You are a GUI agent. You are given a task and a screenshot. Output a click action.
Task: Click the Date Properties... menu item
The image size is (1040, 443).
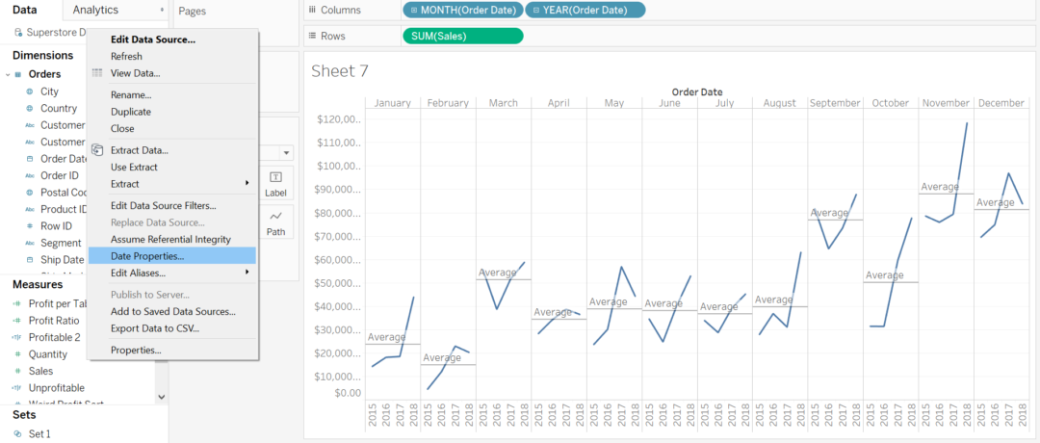(x=147, y=255)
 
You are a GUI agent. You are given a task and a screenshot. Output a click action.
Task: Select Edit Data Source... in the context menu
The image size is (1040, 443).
(x=153, y=39)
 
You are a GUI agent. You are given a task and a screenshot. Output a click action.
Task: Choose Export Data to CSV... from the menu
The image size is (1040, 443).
(x=155, y=328)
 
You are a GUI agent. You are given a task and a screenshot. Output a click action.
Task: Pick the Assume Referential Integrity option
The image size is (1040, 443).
(x=170, y=239)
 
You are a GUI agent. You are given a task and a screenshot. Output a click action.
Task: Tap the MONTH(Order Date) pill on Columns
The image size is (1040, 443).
(x=463, y=10)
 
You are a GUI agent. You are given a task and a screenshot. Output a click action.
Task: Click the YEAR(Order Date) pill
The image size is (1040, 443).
(x=585, y=10)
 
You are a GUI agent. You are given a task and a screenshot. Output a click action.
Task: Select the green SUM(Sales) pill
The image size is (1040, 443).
(x=462, y=36)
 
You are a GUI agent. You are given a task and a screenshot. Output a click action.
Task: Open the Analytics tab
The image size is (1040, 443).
(x=96, y=10)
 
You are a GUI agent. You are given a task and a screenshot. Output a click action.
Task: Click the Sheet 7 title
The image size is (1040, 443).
(x=340, y=70)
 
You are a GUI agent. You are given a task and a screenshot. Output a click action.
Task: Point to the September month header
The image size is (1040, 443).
(x=835, y=103)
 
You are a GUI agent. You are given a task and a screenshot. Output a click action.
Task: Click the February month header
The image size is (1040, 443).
(x=448, y=103)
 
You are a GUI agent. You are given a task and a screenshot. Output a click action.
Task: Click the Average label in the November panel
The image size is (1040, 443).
(x=940, y=187)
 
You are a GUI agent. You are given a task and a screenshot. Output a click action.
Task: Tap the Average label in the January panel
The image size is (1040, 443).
(x=386, y=337)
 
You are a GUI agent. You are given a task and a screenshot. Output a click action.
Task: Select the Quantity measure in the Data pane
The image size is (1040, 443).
(x=48, y=353)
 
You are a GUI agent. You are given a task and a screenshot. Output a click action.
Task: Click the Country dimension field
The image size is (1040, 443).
(x=59, y=109)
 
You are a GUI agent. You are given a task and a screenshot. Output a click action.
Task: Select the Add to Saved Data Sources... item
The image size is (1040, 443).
(x=172, y=311)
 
